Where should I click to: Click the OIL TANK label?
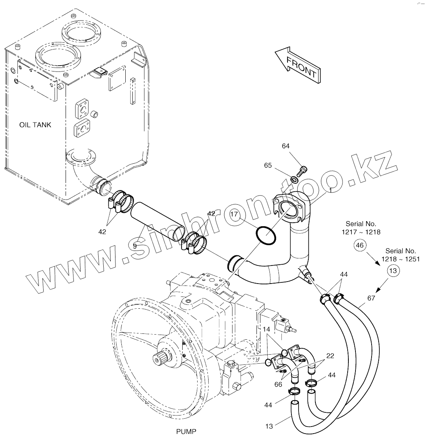(35, 124)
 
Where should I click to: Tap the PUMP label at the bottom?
(186, 432)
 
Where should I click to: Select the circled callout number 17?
(234, 214)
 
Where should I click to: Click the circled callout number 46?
(360, 245)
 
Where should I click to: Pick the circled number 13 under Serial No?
(393, 271)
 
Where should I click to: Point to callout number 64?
(286, 146)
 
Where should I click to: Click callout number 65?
(268, 165)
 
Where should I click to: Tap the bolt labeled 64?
(302, 170)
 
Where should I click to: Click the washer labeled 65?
(294, 179)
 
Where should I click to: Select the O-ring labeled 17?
(266, 235)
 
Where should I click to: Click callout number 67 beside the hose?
(371, 298)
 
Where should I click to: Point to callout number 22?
(330, 356)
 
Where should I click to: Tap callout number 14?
(266, 329)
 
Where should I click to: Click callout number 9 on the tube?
(135, 246)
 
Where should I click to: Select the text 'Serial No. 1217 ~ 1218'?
(361, 228)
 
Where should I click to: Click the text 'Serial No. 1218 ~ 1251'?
(401, 255)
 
